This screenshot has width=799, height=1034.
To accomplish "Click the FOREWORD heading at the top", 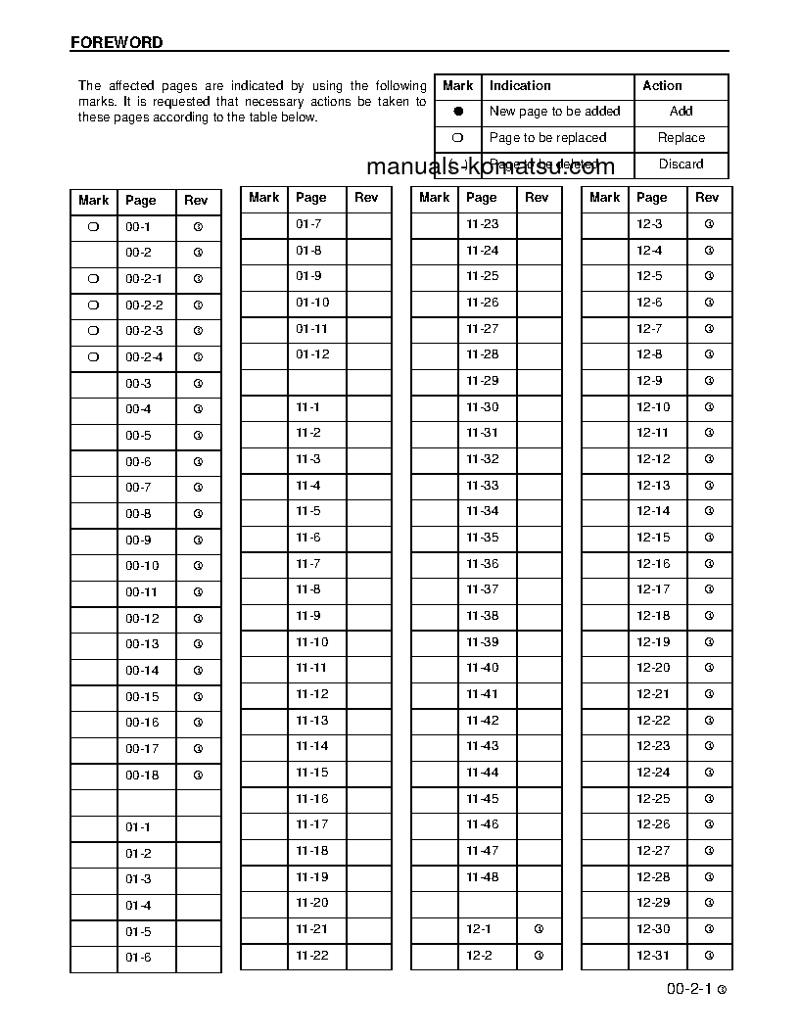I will pyautogui.click(x=117, y=43).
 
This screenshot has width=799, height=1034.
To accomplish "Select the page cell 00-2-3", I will pyautogui.click(x=144, y=331).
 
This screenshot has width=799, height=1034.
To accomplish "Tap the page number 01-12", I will pyautogui.click(x=312, y=354).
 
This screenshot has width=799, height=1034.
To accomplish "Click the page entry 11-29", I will pyautogui.click(x=482, y=381).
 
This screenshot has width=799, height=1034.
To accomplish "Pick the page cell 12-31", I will pyautogui.click(x=653, y=956).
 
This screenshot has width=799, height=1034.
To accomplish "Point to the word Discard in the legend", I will pyautogui.click(x=681, y=164).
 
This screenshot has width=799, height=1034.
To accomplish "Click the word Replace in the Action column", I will pyautogui.click(x=681, y=138).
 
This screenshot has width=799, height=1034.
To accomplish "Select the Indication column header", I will pyautogui.click(x=520, y=86).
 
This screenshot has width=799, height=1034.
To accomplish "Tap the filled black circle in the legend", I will pyautogui.click(x=458, y=112).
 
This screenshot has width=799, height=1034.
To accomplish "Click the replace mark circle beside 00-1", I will pyautogui.click(x=93, y=226).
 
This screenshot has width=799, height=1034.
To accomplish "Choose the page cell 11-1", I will pyautogui.click(x=307, y=406).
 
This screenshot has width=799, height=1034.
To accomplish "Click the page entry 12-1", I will pyautogui.click(x=479, y=929).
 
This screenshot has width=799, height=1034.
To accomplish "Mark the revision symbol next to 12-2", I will pyautogui.click(x=538, y=956).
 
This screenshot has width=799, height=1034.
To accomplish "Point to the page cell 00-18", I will pyautogui.click(x=142, y=775).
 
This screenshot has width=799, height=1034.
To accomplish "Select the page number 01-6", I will pyautogui.click(x=138, y=958).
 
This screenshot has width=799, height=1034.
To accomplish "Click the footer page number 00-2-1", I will pyautogui.click(x=688, y=990).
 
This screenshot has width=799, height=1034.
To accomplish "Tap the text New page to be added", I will pyautogui.click(x=554, y=112).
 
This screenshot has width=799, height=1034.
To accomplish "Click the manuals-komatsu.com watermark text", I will pyautogui.click(x=490, y=166).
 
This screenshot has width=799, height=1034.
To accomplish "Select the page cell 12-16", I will pyautogui.click(x=653, y=564).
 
